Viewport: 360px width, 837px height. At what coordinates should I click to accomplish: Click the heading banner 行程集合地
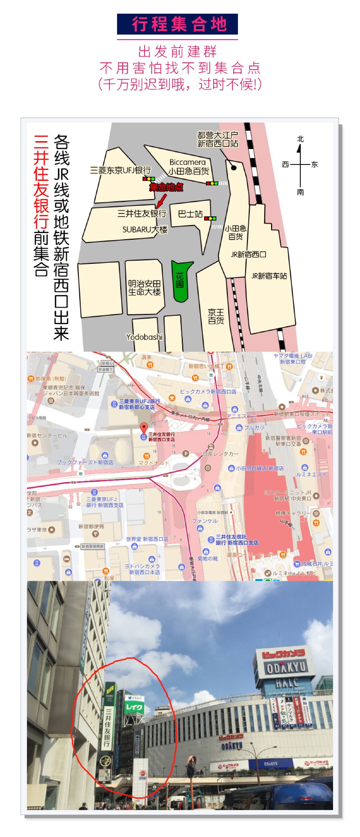click(x=177, y=24)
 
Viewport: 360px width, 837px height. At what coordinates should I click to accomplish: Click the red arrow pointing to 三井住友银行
click(x=161, y=200)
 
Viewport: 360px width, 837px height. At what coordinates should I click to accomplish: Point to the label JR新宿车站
click(x=269, y=276)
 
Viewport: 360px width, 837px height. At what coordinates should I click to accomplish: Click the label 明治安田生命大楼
click(x=144, y=288)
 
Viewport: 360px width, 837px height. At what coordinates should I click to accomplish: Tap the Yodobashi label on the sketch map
click(x=144, y=337)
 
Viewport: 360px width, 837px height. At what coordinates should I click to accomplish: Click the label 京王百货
click(x=216, y=316)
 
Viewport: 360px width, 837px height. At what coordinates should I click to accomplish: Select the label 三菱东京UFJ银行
click(x=120, y=170)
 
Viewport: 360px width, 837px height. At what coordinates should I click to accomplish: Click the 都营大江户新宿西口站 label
click(x=217, y=139)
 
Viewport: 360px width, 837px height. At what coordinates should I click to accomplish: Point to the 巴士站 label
click(x=190, y=214)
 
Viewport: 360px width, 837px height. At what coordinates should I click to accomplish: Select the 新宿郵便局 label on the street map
click(x=91, y=526)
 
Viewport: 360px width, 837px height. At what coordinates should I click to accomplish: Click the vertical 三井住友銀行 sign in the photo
click(x=107, y=727)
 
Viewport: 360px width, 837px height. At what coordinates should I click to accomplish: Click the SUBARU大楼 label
click(x=145, y=229)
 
